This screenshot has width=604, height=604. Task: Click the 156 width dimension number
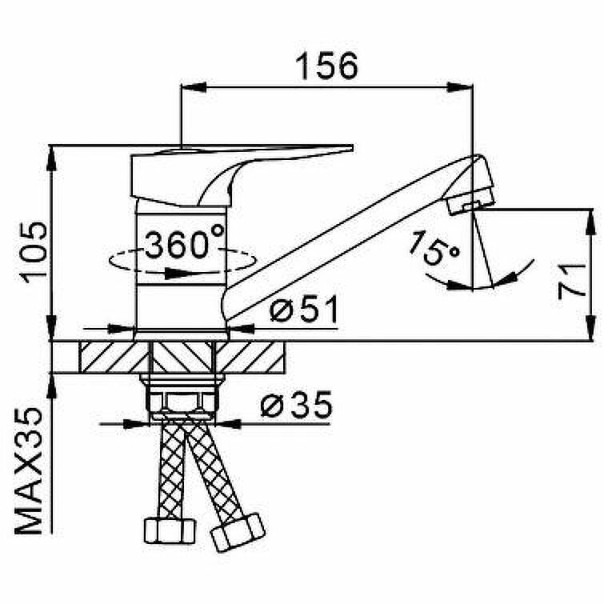pos(326,66)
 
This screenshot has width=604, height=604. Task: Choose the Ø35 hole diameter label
pos(296,407)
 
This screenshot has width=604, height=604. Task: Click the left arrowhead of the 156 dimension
pos(192,88)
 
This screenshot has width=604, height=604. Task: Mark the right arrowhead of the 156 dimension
pos(464,88)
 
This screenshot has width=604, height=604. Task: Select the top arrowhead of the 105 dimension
pos(52,155)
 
